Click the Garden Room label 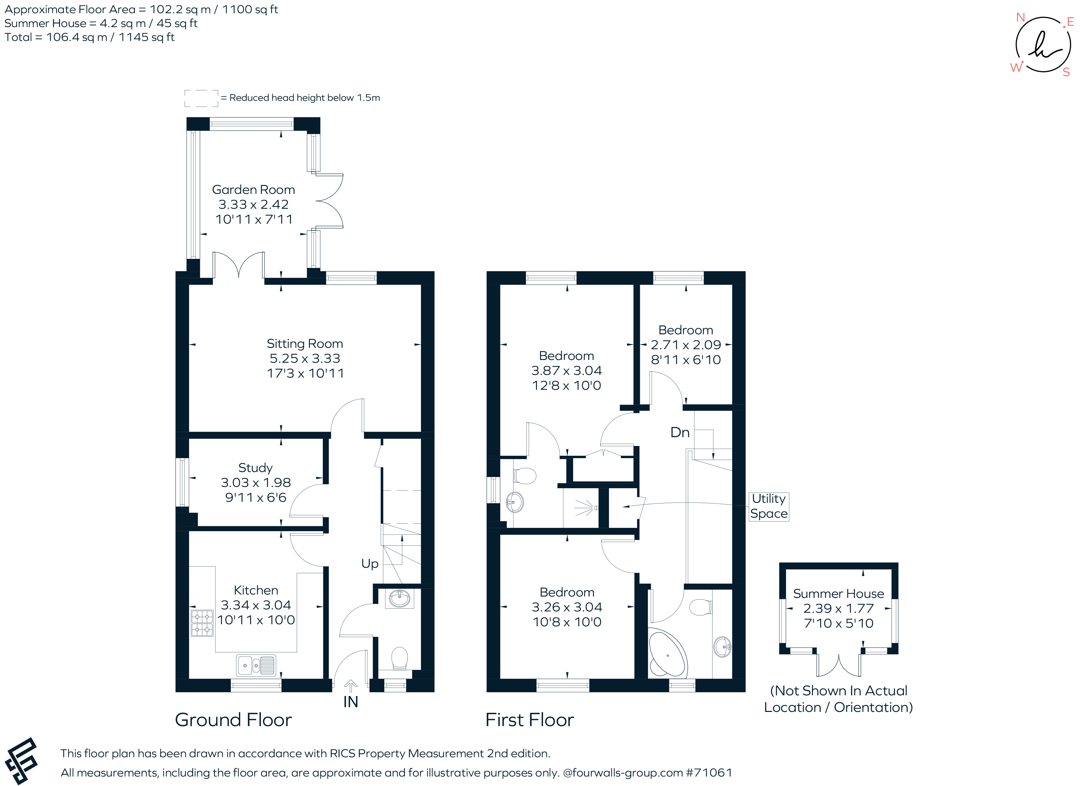253,190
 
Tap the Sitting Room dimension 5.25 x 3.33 304,359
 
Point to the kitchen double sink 256,665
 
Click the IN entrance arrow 351,687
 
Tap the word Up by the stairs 369,564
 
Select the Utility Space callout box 769,506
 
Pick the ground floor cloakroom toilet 399,658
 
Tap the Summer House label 838,594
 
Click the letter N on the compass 1020,18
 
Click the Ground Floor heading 233,720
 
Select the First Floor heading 529,720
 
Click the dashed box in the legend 201,98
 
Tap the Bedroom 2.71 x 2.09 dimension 685,345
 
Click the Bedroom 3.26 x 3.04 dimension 567,607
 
